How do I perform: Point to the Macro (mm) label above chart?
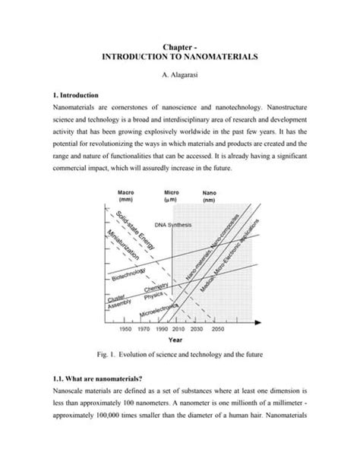tap(126, 196)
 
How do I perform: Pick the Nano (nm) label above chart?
tap(209, 196)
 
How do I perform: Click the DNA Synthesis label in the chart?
tap(173, 226)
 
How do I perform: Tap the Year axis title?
tap(175, 340)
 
